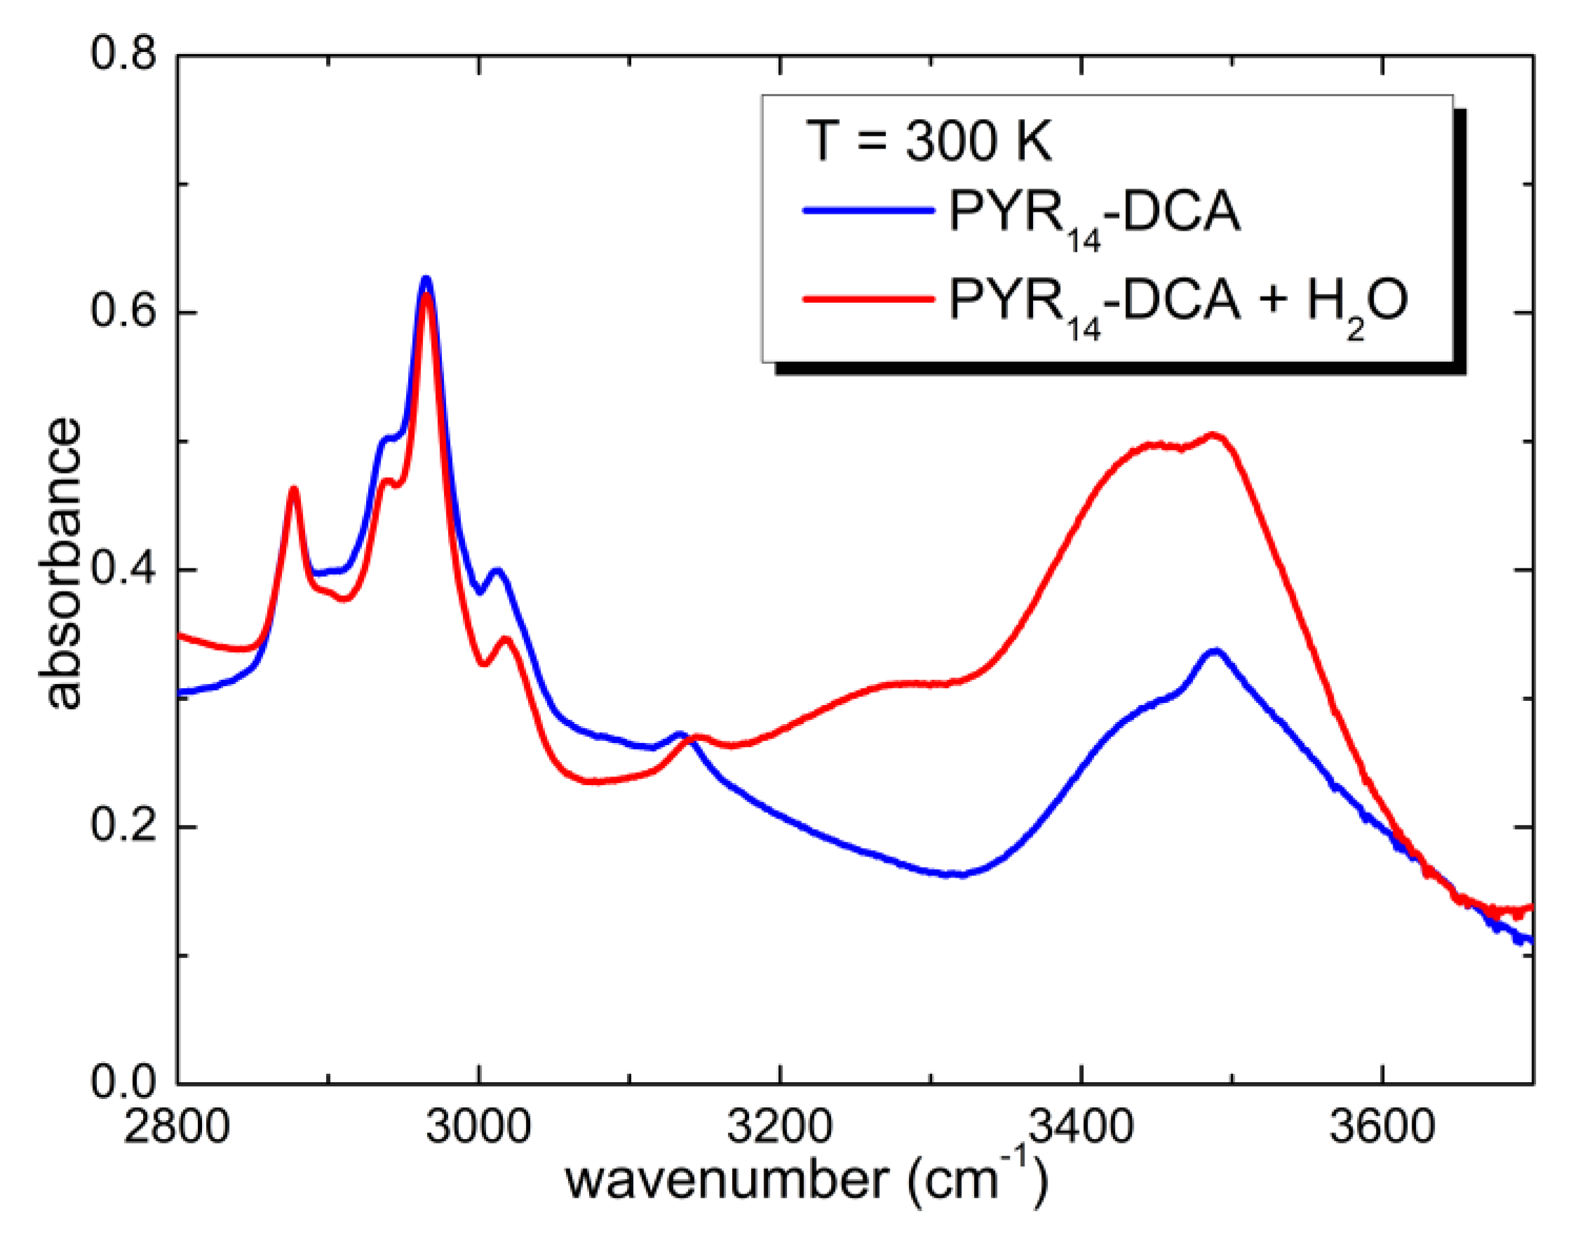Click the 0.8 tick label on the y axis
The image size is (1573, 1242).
[x=123, y=55]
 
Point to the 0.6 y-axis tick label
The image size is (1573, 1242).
[x=123, y=311]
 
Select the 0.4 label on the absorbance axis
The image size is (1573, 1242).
[x=123, y=568]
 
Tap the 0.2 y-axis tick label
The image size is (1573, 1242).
[x=123, y=826]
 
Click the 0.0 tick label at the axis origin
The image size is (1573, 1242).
[x=123, y=1083]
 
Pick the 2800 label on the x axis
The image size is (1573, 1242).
[x=176, y=1127]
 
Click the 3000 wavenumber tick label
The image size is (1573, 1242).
[x=478, y=1127]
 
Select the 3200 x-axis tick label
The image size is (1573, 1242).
[x=779, y=1127]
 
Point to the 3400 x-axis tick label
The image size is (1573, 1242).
[x=1081, y=1127]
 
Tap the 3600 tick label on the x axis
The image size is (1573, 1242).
[x=1382, y=1127]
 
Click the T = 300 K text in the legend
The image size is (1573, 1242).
[x=929, y=141]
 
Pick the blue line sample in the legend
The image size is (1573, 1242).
[x=868, y=211]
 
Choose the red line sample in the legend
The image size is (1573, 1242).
[x=868, y=297]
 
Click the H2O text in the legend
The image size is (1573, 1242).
[x=1357, y=302]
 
